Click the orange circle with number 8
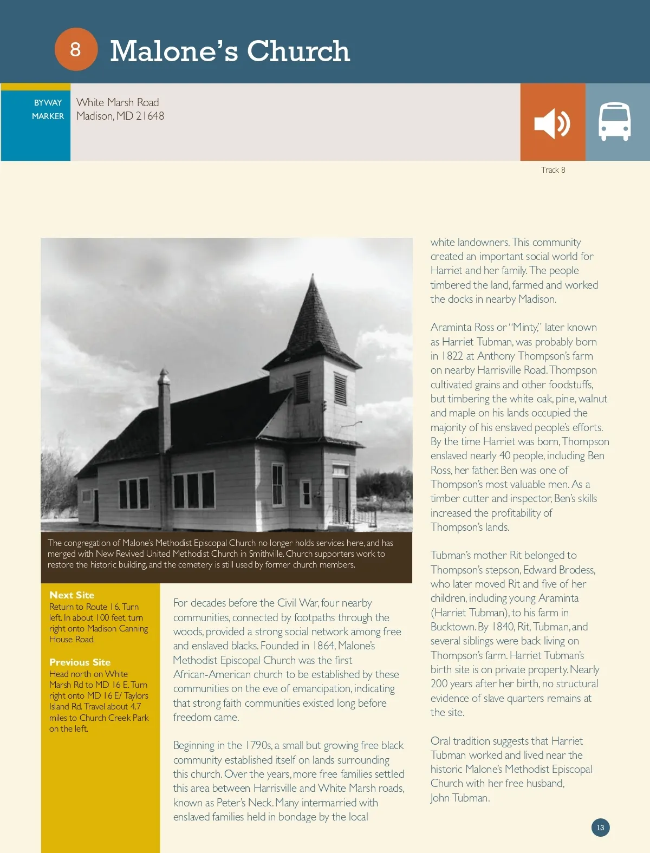pyautogui.click(x=76, y=49)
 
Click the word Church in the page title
pyautogui.click(x=298, y=51)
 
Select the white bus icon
pyautogui.click(x=614, y=122)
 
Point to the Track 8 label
pyautogui.click(x=552, y=170)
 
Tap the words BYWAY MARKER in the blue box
pyautogui.click(x=48, y=109)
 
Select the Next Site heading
pyautogui.click(x=71, y=595)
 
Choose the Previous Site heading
pyautogui.click(x=80, y=662)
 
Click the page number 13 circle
pyautogui.click(x=600, y=828)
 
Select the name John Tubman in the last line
pyautogui.click(x=459, y=798)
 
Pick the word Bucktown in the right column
pyautogui.click(x=453, y=627)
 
